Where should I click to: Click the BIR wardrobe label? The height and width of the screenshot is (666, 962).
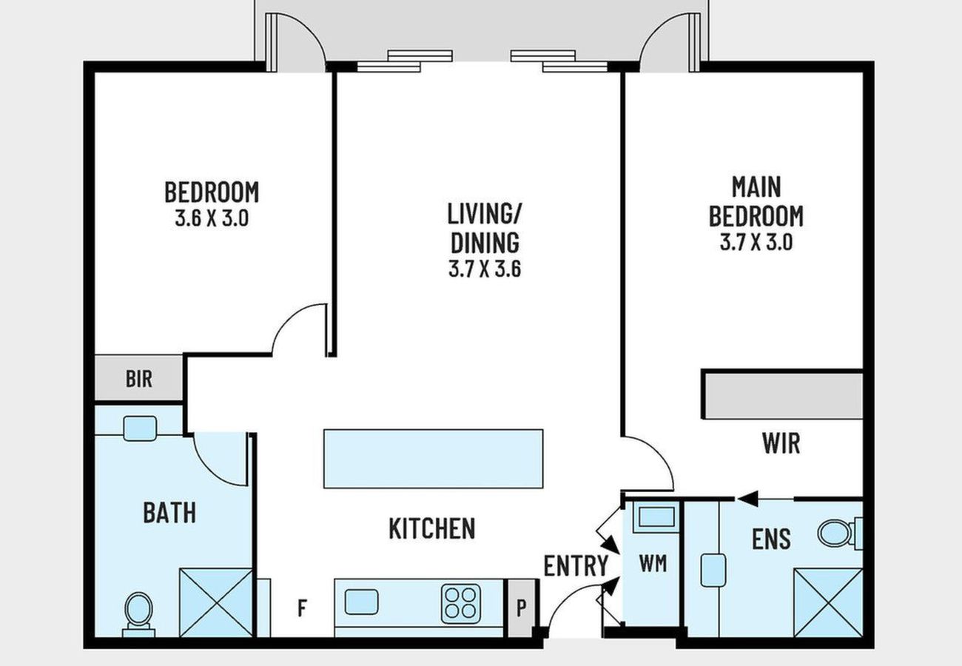click(138, 379)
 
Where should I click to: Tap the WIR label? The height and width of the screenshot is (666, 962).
click(781, 443)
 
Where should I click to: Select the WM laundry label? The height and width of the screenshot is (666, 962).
click(653, 563)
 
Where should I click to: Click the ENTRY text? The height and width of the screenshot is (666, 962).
click(576, 565)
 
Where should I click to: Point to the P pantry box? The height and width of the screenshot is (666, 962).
click(522, 608)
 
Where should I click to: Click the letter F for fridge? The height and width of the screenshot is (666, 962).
click(303, 608)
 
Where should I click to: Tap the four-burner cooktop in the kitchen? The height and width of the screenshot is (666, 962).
click(461, 604)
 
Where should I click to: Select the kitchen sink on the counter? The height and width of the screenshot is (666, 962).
click(361, 602)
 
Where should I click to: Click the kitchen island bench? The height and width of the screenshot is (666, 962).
click(434, 459)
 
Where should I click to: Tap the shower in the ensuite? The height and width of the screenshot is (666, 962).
click(828, 603)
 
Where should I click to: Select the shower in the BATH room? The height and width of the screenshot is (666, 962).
click(216, 603)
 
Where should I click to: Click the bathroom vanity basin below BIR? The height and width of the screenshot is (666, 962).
click(140, 428)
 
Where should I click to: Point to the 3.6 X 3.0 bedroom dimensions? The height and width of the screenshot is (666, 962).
click(212, 218)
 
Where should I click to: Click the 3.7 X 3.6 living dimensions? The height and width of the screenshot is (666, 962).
click(485, 269)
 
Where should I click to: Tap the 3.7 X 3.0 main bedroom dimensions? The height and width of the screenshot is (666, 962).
click(756, 242)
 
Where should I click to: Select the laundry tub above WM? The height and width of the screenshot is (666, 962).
click(656, 517)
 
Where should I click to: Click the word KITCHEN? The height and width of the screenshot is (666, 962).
click(432, 528)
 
